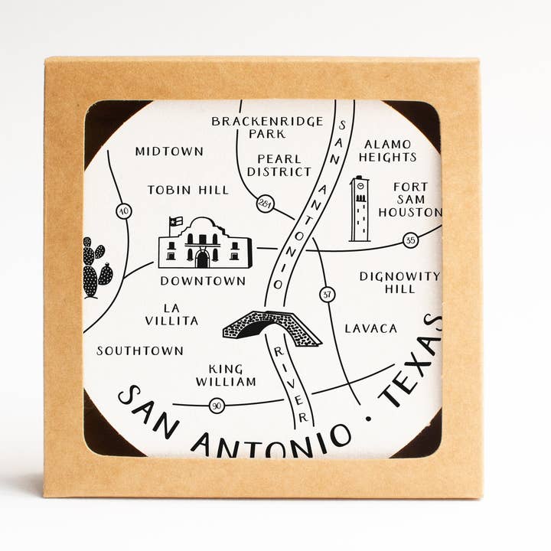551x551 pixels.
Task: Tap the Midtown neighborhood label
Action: [x=169, y=152]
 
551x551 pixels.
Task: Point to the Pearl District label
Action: [x=279, y=165]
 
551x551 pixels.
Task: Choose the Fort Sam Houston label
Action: [x=410, y=199]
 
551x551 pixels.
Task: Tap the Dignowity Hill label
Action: [x=399, y=282]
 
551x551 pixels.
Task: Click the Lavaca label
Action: [x=371, y=328]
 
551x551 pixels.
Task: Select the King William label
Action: [x=226, y=374]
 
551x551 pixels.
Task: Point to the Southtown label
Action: [x=140, y=350]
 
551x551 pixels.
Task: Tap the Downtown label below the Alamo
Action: [x=203, y=281]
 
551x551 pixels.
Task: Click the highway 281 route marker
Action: [x=265, y=204]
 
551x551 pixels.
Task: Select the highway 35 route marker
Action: [x=411, y=240]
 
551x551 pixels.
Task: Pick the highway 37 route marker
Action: [x=328, y=294]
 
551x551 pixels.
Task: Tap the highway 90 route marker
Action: [x=217, y=406]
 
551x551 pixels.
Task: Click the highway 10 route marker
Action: [x=123, y=211]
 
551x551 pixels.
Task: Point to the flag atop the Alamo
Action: [x=176, y=221]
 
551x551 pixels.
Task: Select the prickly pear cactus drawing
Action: [x=95, y=268]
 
